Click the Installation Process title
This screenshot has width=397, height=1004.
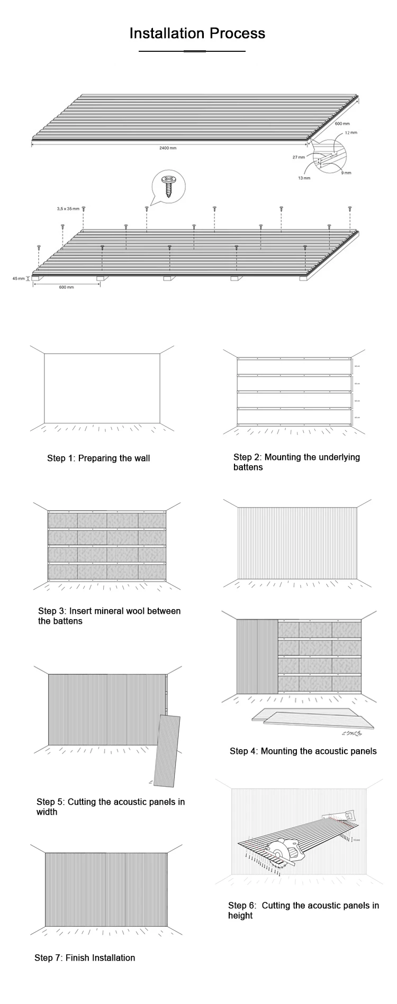[x=197, y=34]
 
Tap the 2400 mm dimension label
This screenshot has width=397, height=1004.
[x=168, y=148]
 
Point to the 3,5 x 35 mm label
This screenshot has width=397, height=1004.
[x=68, y=209]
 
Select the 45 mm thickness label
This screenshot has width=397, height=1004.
[x=19, y=278]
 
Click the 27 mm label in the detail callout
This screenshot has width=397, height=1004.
[x=299, y=157]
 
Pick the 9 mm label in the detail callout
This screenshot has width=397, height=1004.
[x=346, y=173]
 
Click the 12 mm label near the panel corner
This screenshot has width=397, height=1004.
[x=350, y=132]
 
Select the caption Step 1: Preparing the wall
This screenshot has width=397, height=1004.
[x=98, y=458]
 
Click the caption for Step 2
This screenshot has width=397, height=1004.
[x=296, y=462]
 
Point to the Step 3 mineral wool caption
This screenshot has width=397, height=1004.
[x=109, y=616]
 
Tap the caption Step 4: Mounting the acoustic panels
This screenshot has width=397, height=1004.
[x=303, y=751]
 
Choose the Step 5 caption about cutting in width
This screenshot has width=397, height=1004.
[x=111, y=807]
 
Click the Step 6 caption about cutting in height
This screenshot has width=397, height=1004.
[x=303, y=910]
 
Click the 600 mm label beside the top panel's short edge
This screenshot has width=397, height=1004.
[x=342, y=123]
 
